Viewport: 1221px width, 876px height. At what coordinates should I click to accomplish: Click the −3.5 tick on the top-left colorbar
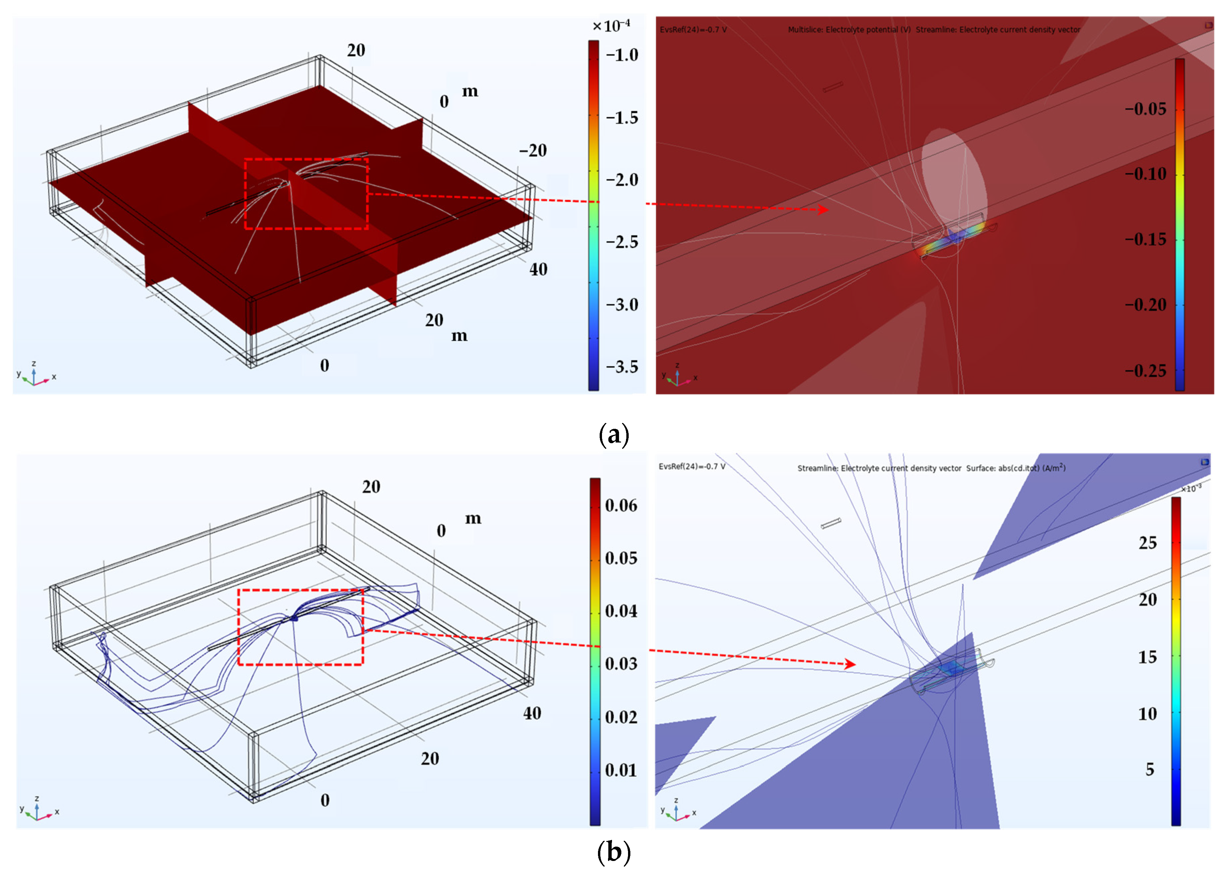pos(622,367)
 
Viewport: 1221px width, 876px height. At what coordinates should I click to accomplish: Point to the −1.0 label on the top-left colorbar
pos(622,55)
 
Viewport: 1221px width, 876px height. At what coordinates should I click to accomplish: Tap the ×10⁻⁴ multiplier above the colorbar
pos(611,25)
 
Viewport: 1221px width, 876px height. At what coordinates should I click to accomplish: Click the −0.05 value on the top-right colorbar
pos(1145,109)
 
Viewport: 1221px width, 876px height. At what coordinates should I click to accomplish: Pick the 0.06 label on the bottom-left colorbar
pos(621,505)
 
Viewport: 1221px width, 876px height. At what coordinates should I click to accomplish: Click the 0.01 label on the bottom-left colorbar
pos(621,770)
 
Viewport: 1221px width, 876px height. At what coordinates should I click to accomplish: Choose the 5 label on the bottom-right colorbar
pos(1150,769)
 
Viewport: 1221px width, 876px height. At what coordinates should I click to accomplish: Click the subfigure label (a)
pos(614,434)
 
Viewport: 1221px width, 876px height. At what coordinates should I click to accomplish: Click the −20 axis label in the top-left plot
pos(533,150)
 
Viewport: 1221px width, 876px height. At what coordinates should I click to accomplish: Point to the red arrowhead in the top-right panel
pos(823,209)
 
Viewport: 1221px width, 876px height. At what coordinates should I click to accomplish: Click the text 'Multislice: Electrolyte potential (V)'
pos(849,30)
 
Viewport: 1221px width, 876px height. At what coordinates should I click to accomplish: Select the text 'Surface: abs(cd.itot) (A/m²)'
pos(1015,468)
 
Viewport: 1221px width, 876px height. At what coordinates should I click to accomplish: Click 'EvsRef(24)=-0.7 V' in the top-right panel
pos(693,30)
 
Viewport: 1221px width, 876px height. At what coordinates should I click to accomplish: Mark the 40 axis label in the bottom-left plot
pos(532,713)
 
